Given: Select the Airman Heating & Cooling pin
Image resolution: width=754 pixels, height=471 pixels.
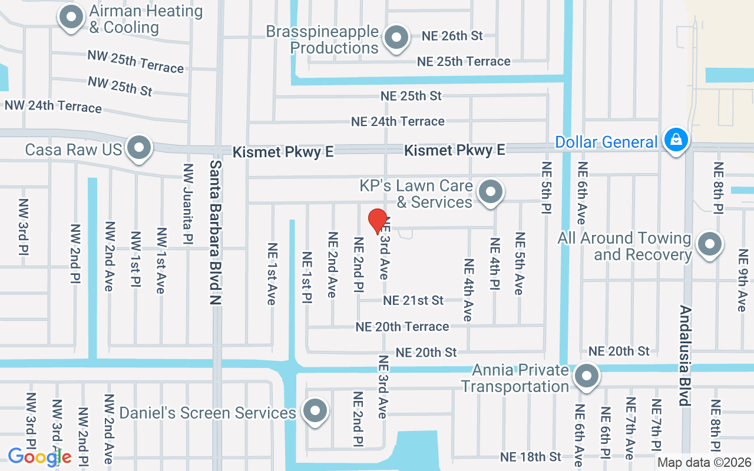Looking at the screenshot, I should click(72, 17).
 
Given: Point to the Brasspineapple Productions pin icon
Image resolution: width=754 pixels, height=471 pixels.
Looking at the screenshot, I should click(396, 38).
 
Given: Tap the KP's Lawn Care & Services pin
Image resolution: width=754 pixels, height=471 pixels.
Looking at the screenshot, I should click(490, 191).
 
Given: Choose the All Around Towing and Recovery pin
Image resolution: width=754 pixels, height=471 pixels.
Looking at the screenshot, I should click(709, 244).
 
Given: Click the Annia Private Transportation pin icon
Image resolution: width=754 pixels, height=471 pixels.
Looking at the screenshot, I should click(586, 377).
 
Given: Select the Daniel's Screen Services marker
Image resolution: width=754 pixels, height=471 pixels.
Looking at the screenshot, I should click(315, 411).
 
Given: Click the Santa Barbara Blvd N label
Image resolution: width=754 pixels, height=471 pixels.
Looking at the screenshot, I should click(216, 232).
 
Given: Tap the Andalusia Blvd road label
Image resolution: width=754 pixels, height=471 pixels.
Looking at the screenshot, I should click(685, 356).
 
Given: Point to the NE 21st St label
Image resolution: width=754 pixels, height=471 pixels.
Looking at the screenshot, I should click(413, 300).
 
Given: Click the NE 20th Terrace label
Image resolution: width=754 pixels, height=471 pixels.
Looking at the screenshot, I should click(402, 326).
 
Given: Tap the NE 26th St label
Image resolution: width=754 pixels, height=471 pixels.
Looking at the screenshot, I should click(452, 35).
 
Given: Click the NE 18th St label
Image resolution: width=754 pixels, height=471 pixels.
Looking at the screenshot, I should click(530, 457).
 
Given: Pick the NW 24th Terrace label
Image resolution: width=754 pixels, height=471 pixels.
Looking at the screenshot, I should click(53, 107).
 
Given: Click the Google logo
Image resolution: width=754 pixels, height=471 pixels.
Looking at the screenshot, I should click(39, 457).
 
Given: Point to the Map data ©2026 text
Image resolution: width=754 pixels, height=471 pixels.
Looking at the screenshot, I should click(704, 462).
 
